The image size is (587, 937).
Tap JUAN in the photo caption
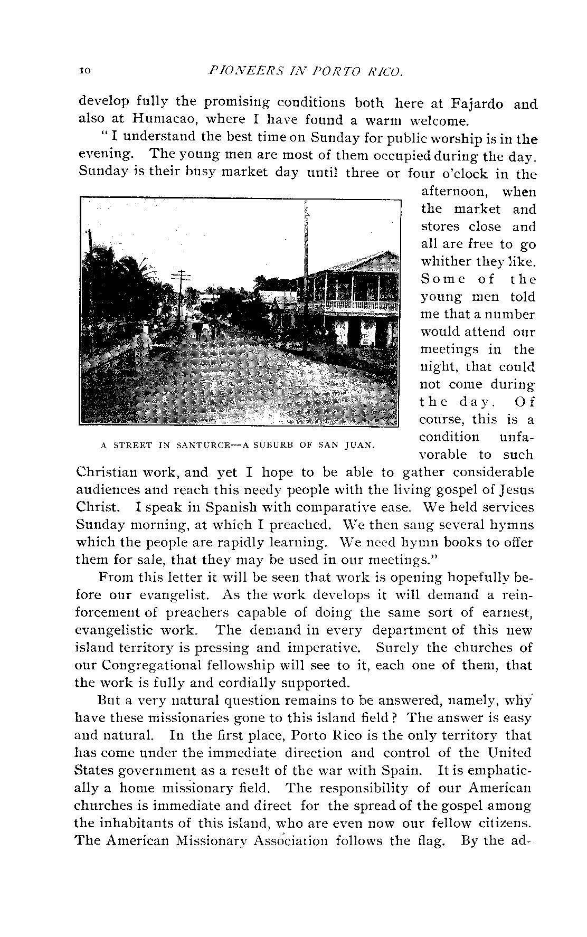[359, 445]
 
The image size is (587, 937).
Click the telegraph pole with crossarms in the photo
[181, 290]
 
